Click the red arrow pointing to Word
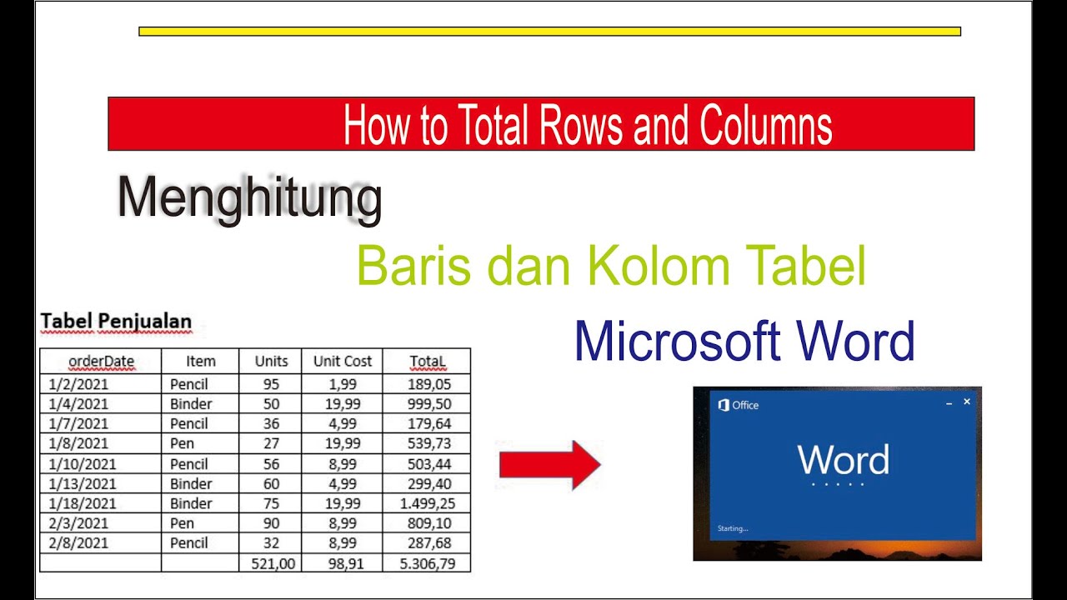click(x=549, y=465)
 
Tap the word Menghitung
click(x=249, y=199)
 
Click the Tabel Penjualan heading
click(x=116, y=321)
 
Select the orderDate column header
click(x=101, y=361)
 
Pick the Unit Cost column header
click(x=343, y=361)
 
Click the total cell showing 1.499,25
click(x=428, y=503)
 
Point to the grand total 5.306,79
click(x=428, y=563)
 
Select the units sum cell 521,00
click(x=271, y=563)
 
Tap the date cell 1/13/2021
click(x=83, y=483)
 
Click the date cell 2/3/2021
click(x=79, y=523)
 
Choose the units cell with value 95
click(x=271, y=384)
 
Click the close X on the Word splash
click(x=967, y=402)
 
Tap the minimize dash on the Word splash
click(x=949, y=403)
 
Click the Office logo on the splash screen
click(x=724, y=405)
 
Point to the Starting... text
click(x=733, y=528)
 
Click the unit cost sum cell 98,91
click(x=343, y=563)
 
